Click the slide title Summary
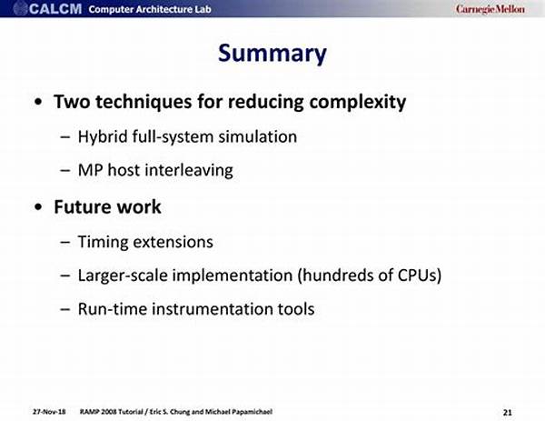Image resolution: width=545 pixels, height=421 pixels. tap(272, 54)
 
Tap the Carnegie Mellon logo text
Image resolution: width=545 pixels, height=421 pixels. tap(490, 9)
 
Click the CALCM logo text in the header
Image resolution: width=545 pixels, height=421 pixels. tap(55, 9)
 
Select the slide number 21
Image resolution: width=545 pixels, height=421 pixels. tap(508, 412)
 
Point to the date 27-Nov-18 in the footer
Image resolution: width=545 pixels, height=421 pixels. tap(49, 412)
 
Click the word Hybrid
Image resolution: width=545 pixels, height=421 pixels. tap(103, 136)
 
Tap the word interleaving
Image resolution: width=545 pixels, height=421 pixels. tap(189, 170)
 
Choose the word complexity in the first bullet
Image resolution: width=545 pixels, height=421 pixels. tap(358, 102)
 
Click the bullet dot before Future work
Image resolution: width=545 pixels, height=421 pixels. tap(38, 207)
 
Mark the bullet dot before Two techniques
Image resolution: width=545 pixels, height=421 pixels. tap(38, 102)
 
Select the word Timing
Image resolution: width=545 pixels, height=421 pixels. tap(104, 242)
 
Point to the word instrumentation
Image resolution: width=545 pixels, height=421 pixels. tap(213, 309)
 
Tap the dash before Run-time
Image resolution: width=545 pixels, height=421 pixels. tap(65, 309)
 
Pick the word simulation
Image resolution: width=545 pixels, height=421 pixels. tap(258, 136)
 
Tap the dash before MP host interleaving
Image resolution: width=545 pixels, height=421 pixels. tap(65, 171)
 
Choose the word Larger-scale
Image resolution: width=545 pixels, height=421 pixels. tap(123, 276)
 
